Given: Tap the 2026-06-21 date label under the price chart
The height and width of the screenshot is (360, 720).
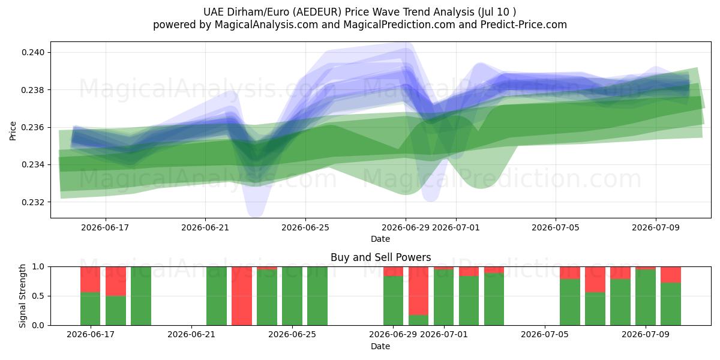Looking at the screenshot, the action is (x=205, y=227).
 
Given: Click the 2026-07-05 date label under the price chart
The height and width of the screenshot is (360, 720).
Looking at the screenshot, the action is (x=556, y=227).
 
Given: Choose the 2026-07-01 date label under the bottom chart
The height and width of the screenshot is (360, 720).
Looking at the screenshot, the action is (x=444, y=334).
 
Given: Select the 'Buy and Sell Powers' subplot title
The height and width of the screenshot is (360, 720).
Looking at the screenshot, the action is (x=380, y=257).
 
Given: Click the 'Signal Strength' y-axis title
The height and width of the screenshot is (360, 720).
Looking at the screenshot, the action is (x=22, y=296).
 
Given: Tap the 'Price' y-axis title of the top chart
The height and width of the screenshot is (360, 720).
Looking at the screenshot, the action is (x=13, y=131).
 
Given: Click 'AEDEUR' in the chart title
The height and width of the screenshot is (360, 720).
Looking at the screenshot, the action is (x=317, y=12).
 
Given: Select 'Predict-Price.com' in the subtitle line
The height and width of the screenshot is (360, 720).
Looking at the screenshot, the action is (x=524, y=25).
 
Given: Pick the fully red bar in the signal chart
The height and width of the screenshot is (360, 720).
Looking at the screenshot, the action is (x=242, y=296).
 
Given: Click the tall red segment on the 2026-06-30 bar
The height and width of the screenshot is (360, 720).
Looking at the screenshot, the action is (x=419, y=290).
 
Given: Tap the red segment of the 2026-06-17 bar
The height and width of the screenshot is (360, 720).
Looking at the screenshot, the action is (x=91, y=280).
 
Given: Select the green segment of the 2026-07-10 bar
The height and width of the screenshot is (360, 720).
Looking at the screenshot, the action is (x=671, y=304).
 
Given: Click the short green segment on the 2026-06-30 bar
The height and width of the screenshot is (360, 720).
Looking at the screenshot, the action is (x=419, y=320).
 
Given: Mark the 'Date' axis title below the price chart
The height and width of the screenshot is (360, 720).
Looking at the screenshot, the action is (x=380, y=239).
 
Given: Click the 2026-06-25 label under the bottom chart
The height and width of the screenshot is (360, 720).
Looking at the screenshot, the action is (x=292, y=334).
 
